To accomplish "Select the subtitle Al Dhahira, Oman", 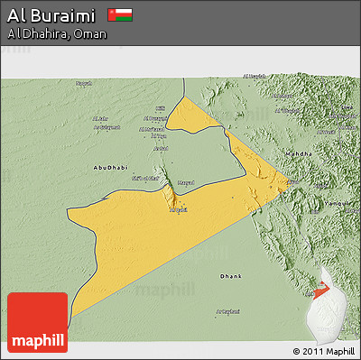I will (x=57, y=34).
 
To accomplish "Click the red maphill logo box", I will (x=37, y=322).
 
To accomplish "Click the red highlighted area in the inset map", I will (x=323, y=291).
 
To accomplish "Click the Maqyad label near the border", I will (x=184, y=183).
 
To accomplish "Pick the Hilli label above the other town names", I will (x=161, y=107).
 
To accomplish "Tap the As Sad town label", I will (x=161, y=148).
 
